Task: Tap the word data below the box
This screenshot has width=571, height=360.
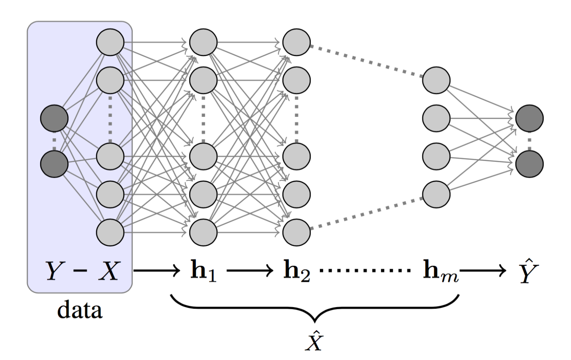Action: click(80, 310)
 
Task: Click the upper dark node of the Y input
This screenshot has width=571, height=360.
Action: click(54, 119)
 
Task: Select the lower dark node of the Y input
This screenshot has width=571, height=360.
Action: click(54, 164)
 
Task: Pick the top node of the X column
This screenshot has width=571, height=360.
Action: click(110, 42)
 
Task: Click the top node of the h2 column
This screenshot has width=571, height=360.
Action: click(296, 42)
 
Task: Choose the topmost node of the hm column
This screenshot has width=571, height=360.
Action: click(436, 79)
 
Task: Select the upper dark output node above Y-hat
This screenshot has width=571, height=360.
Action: click(529, 119)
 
